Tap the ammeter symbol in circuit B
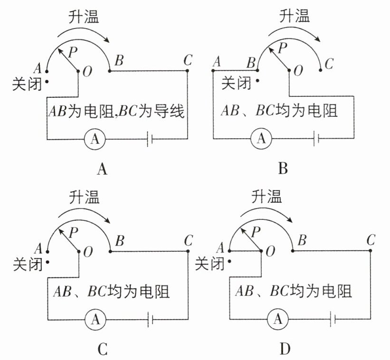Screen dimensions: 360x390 click(260, 139)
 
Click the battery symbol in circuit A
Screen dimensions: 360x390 click(151, 139)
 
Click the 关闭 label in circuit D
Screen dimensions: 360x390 click(209, 262)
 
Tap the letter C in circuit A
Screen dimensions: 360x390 click(188, 60)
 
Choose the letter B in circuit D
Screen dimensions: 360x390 click(301, 240)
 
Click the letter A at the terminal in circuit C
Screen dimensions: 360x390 click(38, 248)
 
